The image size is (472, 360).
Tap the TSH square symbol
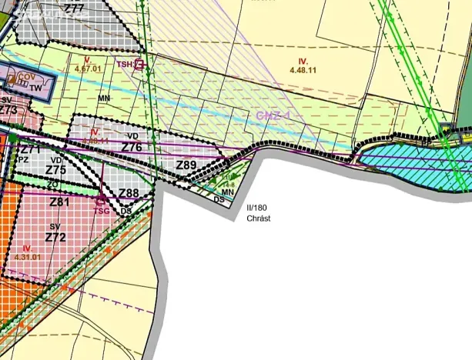(x=139, y=65)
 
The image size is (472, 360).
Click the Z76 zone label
(x=132, y=147)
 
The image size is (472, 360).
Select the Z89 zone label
(x=186, y=165)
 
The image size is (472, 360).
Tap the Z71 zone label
(x=29, y=149)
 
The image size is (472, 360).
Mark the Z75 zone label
(x=55, y=170)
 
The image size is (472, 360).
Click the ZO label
(x=53, y=185)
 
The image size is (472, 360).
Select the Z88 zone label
(x=129, y=193)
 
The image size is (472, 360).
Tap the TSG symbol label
(x=102, y=208)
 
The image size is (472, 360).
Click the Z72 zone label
(x=55, y=237)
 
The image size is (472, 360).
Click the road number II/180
(x=258, y=208)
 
